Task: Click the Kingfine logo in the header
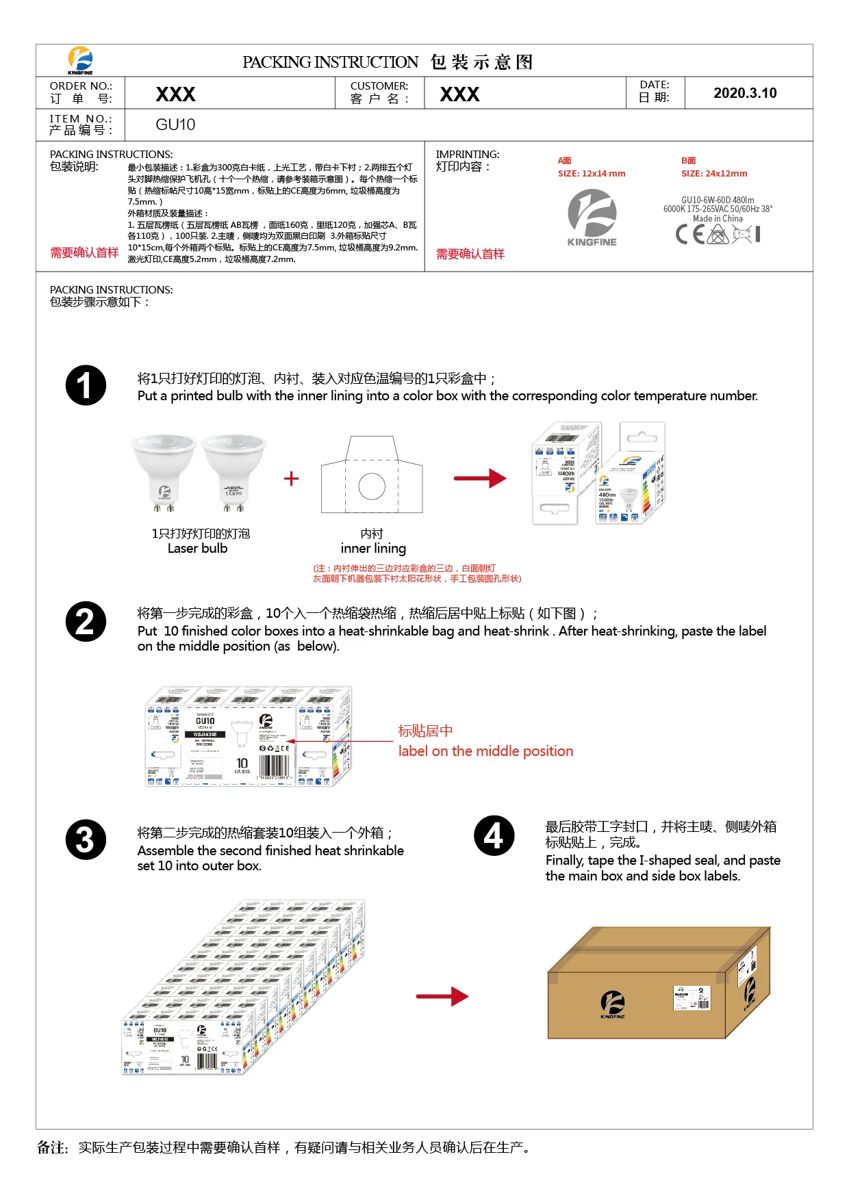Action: point(80,60)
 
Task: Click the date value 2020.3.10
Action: point(745,93)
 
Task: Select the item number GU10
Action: point(175,125)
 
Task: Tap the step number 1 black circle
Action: point(86,385)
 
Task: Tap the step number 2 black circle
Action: point(86,621)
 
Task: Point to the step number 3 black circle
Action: point(86,839)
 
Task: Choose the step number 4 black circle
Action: point(494,835)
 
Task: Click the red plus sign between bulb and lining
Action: point(291,478)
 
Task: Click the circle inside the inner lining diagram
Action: point(372,486)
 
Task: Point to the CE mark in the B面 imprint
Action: point(689,235)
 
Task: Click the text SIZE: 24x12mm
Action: point(713,174)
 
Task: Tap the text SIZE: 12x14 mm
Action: point(592,174)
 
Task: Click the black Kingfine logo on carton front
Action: point(612,1004)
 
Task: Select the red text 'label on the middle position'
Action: point(485,751)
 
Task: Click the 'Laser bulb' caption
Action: point(197,549)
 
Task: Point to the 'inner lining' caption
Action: point(373,549)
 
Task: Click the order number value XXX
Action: point(175,94)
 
